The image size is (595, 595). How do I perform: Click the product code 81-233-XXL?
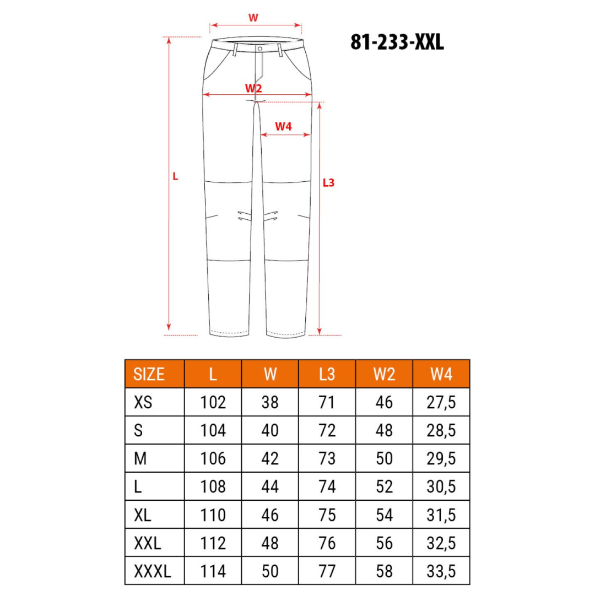click(397, 42)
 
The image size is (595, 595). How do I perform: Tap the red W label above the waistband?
click(253, 18)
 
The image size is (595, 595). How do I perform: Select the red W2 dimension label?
click(253, 88)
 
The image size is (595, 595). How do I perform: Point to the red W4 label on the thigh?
click(284, 126)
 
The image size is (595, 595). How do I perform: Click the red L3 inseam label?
click(328, 183)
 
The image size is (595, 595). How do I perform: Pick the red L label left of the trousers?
click(175, 176)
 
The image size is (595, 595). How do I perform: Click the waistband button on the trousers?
click(260, 49)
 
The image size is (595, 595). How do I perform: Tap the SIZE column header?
click(149, 374)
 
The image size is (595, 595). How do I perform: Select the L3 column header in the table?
click(327, 374)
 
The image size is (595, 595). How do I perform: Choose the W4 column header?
click(441, 374)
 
